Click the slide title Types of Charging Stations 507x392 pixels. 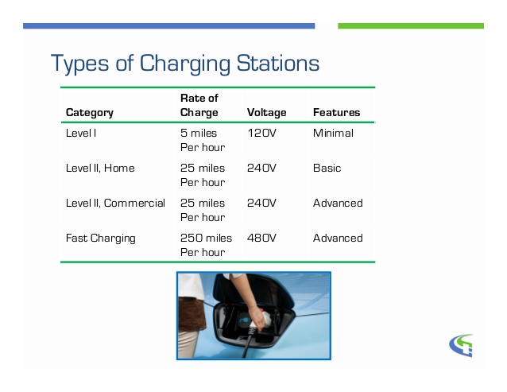point(185,64)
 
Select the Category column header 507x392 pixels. point(90,113)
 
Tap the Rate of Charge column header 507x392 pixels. point(199,105)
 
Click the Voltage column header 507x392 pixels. point(267,113)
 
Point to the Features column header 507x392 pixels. point(337,113)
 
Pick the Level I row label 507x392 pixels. point(81,133)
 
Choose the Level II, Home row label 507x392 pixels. point(100,169)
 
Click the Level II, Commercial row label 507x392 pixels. point(115,203)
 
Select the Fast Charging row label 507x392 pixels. point(101,239)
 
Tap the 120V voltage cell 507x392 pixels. point(262,133)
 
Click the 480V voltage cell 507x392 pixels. point(261,238)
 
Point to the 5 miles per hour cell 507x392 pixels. point(203,140)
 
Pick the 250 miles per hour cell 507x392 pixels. point(207,245)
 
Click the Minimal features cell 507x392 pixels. point(334,133)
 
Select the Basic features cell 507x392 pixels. point(327,169)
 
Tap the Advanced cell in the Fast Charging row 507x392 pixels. point(338,238)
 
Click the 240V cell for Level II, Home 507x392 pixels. point(261,169)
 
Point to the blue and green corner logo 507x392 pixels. point(461,345)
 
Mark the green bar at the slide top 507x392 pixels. point(411,26)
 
